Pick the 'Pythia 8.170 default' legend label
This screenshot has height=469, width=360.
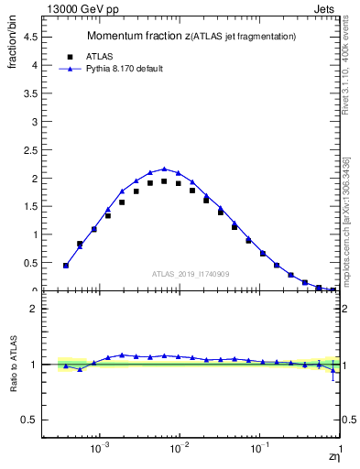tap(123, 69)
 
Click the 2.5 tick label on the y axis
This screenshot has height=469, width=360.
tap(34, 150)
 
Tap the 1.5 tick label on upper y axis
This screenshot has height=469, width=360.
tap(34, 206)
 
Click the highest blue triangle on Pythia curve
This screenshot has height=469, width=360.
tap(164, 169)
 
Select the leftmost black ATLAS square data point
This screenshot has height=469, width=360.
tap(66, 266)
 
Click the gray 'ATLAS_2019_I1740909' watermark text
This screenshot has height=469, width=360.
tap(191, 273)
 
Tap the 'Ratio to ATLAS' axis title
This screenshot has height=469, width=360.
tap(14, 365)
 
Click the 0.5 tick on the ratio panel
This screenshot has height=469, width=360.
tap(33, 420)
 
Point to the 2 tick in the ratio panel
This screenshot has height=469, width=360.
tap(37, 309)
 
